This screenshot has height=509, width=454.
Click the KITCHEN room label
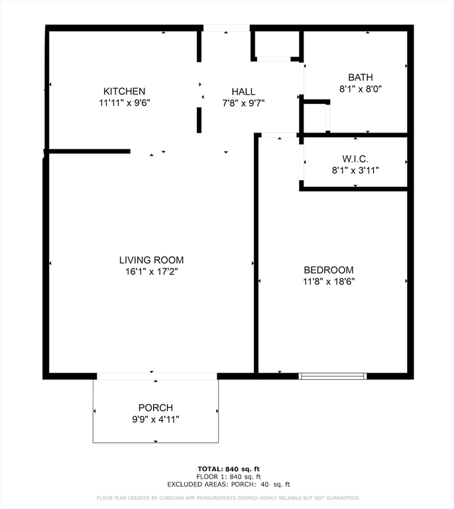124,91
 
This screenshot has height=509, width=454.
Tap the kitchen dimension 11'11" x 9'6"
124,103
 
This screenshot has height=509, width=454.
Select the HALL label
243,91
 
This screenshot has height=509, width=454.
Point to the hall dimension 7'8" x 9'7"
243,103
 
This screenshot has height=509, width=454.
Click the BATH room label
361,77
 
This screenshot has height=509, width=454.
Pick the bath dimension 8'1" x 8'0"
361,88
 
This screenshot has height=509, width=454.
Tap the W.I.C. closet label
355,159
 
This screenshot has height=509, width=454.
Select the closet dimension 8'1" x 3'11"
355,170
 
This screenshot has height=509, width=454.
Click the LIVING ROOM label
151,260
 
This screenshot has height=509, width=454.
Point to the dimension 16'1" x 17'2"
151,271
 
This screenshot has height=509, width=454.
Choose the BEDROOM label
328,270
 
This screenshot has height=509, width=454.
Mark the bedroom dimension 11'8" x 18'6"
328,281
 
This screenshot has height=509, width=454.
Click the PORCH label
155,408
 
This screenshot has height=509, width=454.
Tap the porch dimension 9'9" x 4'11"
155,419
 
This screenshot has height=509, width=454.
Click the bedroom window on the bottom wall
333,376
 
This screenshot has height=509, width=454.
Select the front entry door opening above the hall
226,28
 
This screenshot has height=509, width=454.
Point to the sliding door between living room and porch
156,376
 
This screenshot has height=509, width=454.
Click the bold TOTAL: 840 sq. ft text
228,469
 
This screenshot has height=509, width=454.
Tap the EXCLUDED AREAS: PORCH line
228,484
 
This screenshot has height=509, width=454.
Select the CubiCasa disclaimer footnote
228,498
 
